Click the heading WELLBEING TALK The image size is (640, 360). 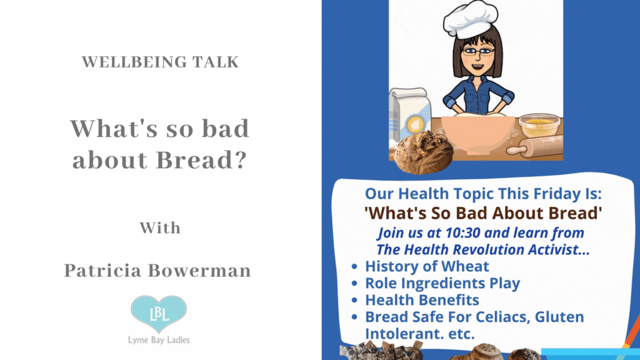pos(159,62)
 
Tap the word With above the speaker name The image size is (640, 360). pos(159,227)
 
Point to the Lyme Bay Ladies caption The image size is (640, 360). pos(159,341)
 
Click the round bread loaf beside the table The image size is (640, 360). pos(422,152)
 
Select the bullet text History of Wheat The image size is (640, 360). pos(427,266)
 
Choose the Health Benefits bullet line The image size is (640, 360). pos(422,300)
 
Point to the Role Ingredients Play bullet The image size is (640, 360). pos(442,283)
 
